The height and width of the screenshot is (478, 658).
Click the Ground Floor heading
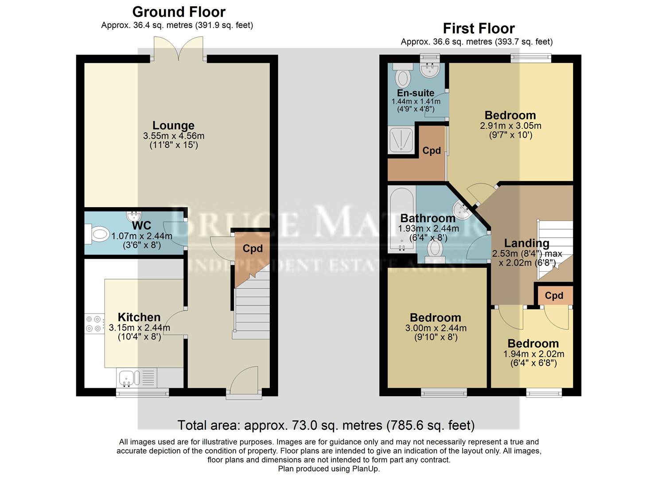(179, 12)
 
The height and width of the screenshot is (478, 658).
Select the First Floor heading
(479, 29)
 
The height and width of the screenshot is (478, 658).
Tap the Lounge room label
(173, 126)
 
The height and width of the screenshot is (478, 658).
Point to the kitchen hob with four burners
(94, 323)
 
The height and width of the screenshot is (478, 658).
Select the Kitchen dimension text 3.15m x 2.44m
(139, 328)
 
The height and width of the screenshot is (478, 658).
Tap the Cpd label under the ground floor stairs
(253, 249)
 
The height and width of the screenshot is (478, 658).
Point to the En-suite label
(415, 93)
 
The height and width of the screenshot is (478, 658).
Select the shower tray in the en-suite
(401, 140)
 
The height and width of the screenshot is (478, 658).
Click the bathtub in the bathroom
(401, 219)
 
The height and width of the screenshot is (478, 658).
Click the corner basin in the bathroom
(462, 211)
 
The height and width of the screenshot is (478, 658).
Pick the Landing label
(526, 243)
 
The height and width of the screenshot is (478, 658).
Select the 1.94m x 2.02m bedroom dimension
(533, 354)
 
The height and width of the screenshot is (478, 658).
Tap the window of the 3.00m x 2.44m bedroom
(444, 392)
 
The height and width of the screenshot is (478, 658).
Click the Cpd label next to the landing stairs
(554, 296)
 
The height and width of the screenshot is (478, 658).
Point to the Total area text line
(326, 425)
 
